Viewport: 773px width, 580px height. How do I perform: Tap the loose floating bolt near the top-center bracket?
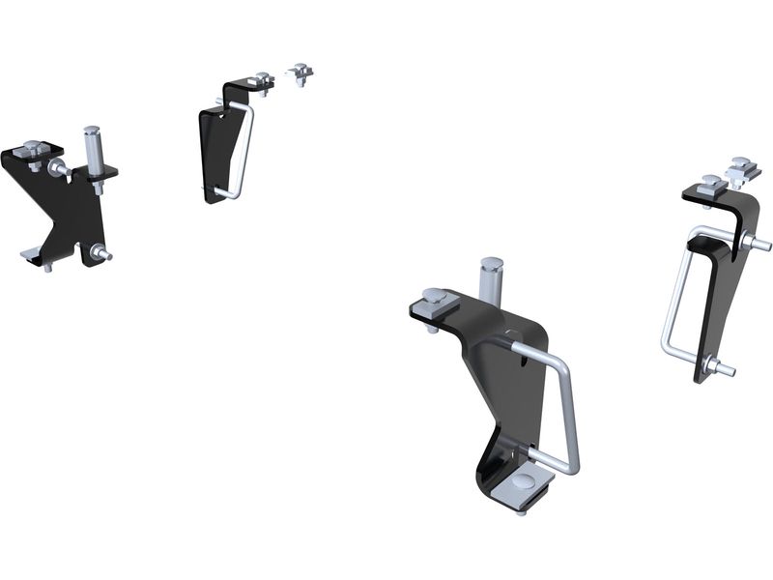[x=301, y=73]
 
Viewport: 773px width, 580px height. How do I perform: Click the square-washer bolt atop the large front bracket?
[x=432, y=301]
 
